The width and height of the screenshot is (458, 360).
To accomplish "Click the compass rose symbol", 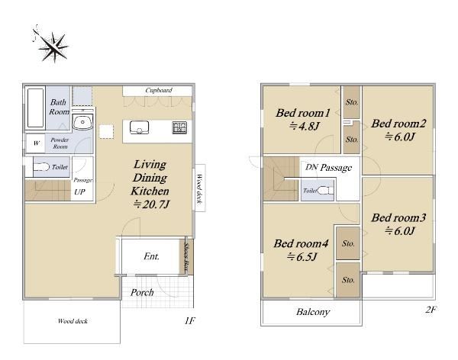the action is click(x=52, y=45).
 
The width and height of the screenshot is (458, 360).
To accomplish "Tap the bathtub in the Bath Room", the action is click(x=35, y=108).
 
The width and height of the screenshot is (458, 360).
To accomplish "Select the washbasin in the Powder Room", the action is click(x=82, y=121).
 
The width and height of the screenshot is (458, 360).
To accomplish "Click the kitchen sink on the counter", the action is click(x=140, y=127).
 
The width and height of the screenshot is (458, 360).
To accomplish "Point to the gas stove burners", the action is click(x=179, y=127).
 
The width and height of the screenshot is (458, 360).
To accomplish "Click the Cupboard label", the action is click(x=159, y=90).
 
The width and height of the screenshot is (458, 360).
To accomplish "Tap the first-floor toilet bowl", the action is click(x=41, y=167).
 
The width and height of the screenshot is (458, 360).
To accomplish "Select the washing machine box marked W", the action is click(x=36, y=143).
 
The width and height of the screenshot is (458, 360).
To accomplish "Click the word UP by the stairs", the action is click(x=79, y=192).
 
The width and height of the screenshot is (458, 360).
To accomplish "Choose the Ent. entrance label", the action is click(x=152, y=256).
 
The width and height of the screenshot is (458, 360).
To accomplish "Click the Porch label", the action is click(x=142, y=293).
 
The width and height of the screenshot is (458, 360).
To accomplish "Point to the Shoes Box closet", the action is click(x=186, y=257).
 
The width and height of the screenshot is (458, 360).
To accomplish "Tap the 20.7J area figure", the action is click(x=151, y=204).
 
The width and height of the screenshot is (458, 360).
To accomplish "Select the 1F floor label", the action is click(x=189, y=321).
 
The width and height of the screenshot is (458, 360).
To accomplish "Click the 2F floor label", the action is click(x=431, y=310).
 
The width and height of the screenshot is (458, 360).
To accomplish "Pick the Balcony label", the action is click(x=313, y=312).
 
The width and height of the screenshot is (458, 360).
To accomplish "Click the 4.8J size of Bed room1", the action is click(x=304, y=126).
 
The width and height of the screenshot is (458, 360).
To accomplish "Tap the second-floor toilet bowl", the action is click(x=325, y=191).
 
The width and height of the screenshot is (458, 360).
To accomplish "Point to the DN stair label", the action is click(x=311, y=167).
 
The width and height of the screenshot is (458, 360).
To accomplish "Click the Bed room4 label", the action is click(x=301, y=243).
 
